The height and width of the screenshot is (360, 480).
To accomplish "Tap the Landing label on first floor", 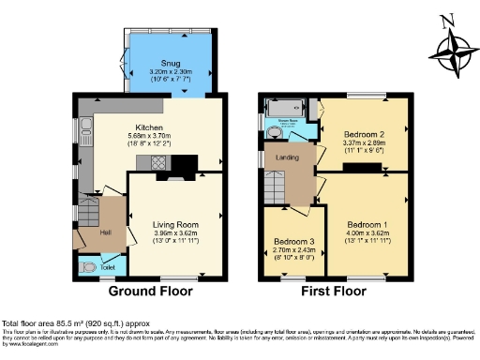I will pyautogui.click(x=286, y=157).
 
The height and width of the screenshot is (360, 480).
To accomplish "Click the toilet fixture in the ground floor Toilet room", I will pyautogui.click(x=89, y=267).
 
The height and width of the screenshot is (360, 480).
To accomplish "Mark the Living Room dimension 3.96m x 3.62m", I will pyautogui.click(x=175, y=233).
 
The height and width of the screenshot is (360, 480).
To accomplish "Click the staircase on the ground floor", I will pyautogui.click(x=89, y=208).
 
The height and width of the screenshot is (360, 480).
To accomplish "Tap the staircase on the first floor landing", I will pyautogui.click(x=275, y=190).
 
